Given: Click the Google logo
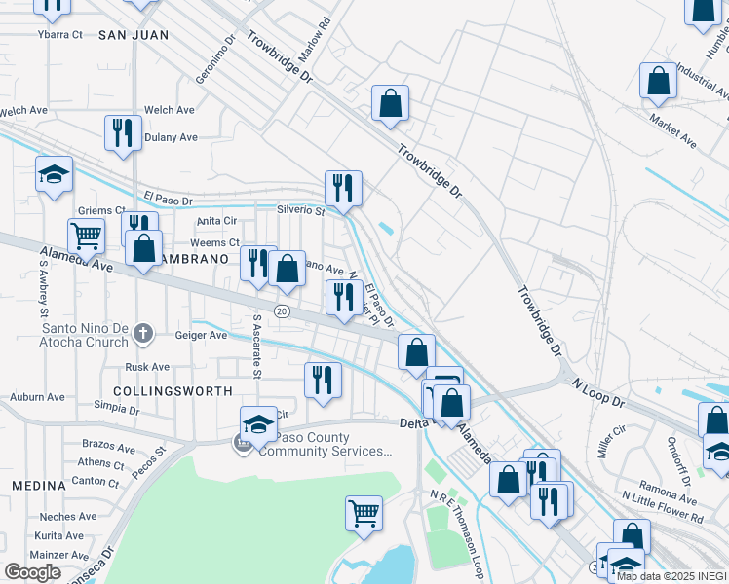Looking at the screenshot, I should coord(33,572).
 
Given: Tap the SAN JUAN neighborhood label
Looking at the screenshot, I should coord(134,35).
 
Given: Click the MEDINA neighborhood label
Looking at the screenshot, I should coord(37,485).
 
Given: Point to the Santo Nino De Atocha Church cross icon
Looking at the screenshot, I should coord(143,334).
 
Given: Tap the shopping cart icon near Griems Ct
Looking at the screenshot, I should coord(86,234).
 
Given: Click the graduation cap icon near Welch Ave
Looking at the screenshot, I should coord(55,174).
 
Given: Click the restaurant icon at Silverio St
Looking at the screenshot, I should coord(342,187).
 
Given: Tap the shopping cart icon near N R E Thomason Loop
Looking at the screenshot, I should coord(364,511).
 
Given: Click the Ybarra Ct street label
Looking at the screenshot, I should coord(60,34).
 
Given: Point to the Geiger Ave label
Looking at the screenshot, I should coord(200,335).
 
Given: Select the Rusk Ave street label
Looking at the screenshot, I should coord(148,367).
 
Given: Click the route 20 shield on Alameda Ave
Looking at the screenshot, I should coord(282,311).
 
